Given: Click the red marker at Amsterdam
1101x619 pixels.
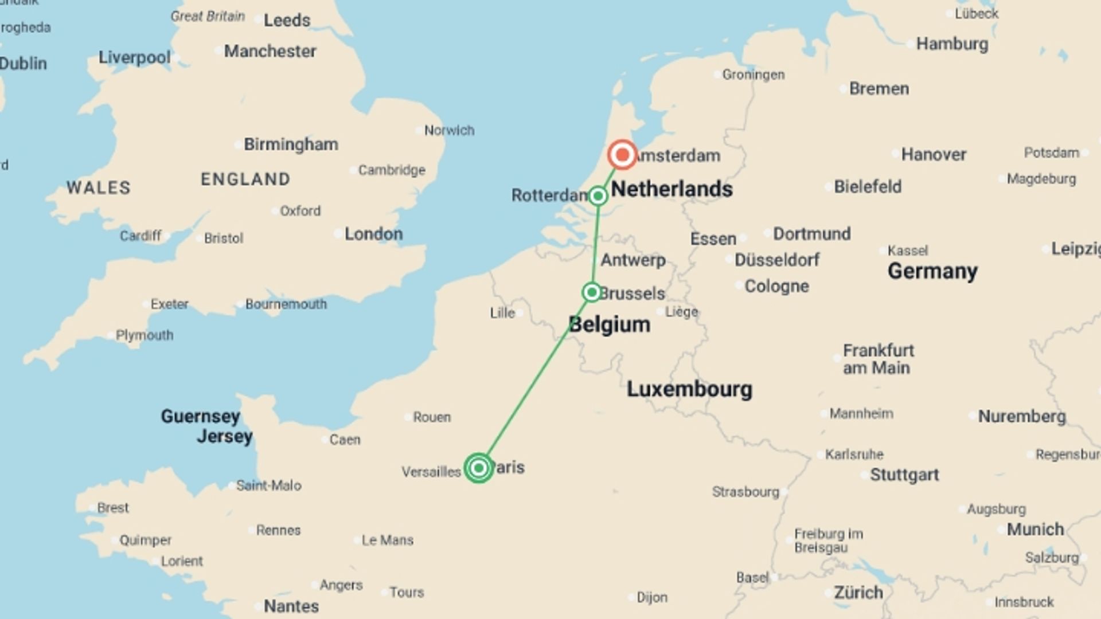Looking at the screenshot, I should (622, 155).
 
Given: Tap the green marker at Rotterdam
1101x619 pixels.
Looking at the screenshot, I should (598, 196).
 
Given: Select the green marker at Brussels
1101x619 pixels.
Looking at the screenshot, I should (592, 292).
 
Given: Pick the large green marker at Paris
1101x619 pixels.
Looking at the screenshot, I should (479, 468).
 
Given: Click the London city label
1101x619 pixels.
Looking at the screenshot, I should (373, 234).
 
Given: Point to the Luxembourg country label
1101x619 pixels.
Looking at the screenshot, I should (689, 389).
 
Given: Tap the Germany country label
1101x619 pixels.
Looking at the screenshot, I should (932, 271).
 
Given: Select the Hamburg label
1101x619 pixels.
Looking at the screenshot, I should (952, 44).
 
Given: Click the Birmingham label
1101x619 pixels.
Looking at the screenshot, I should (291, 144).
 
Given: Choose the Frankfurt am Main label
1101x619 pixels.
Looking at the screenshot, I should (877, 359).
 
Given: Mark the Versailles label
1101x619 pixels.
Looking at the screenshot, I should (431, 472).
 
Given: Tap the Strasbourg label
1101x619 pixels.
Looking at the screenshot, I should (745, 492).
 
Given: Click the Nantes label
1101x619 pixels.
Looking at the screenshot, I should (291, 606).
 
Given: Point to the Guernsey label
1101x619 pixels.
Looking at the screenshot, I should (200, 416).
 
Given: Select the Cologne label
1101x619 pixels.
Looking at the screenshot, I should (776, 286).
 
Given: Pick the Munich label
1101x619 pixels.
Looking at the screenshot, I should (1035, 529).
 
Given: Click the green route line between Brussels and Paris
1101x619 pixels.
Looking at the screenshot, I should (533, 381).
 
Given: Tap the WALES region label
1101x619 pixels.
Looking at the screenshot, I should (99, 187).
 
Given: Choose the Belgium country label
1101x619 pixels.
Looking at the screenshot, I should (610, 324).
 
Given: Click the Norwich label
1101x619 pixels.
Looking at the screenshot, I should (449, 131).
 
